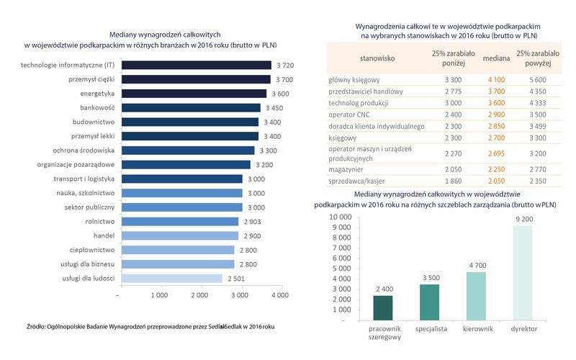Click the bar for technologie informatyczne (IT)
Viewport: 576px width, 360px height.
(x=195, y=66)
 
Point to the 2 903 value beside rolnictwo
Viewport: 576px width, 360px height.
(x=253, y=221)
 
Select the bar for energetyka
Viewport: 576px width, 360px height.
(x=192, y=94)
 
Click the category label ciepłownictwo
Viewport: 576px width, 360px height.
(x=91, y=250)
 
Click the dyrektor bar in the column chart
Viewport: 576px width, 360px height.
(x=523, y=274)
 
